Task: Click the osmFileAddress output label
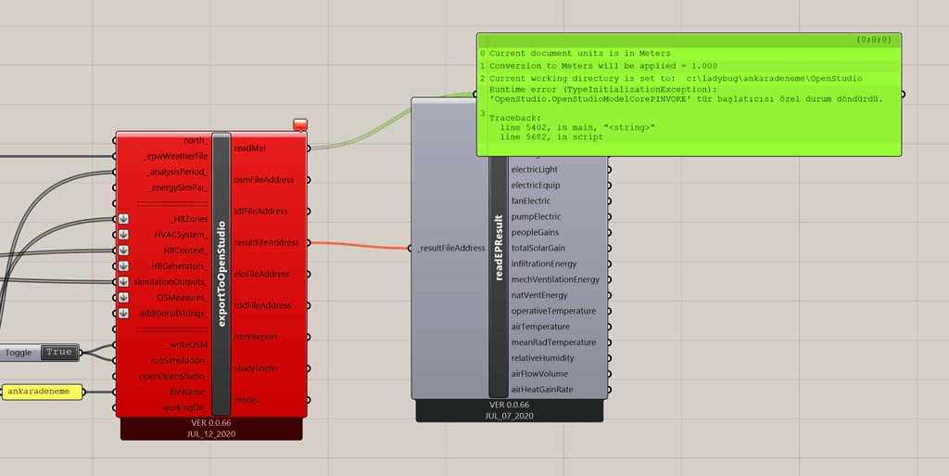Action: point(264,180)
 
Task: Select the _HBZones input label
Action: point(189,219)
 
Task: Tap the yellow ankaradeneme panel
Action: point(43,392)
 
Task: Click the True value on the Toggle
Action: point(58,353)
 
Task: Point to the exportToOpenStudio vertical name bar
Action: point(221,274)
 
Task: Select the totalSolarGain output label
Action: point(538,249)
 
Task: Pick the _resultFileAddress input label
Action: point(451,249)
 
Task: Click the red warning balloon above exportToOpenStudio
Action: point(300,124)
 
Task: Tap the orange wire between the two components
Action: point(360,246)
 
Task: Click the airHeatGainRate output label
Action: point(541,390)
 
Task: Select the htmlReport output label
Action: point(256,338)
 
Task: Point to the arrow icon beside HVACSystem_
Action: point(123,235)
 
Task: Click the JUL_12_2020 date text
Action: point(211,434)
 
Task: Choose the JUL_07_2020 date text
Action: point(509,416)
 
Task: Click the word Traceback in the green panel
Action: point(515,118)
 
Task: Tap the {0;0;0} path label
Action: point(873,40)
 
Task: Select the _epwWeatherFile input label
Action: point(175,156)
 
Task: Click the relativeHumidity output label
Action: point(543,358)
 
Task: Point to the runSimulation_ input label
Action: point(179,361)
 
